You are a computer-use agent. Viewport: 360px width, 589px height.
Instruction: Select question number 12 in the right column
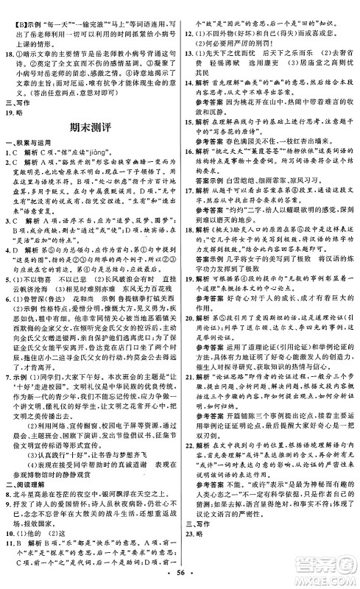(189, 33)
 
